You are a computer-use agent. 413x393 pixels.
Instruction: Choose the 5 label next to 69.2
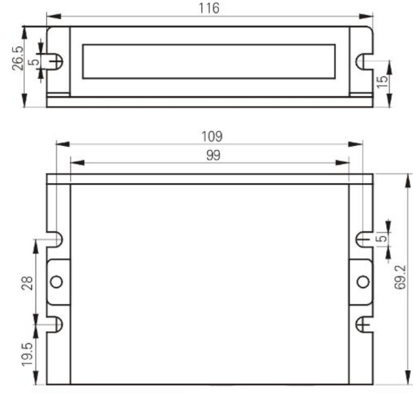381,238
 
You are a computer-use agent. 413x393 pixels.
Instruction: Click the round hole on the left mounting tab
56,281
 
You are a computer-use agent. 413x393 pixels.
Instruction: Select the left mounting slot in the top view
57,61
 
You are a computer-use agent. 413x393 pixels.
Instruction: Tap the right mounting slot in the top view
361,61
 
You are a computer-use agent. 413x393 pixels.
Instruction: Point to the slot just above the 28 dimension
58,239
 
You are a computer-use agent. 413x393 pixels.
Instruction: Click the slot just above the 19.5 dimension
58,323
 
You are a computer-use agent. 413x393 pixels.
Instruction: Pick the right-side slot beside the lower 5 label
362,239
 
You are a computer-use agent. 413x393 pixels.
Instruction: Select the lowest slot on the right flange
362,323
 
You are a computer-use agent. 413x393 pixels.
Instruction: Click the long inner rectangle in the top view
209,61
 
